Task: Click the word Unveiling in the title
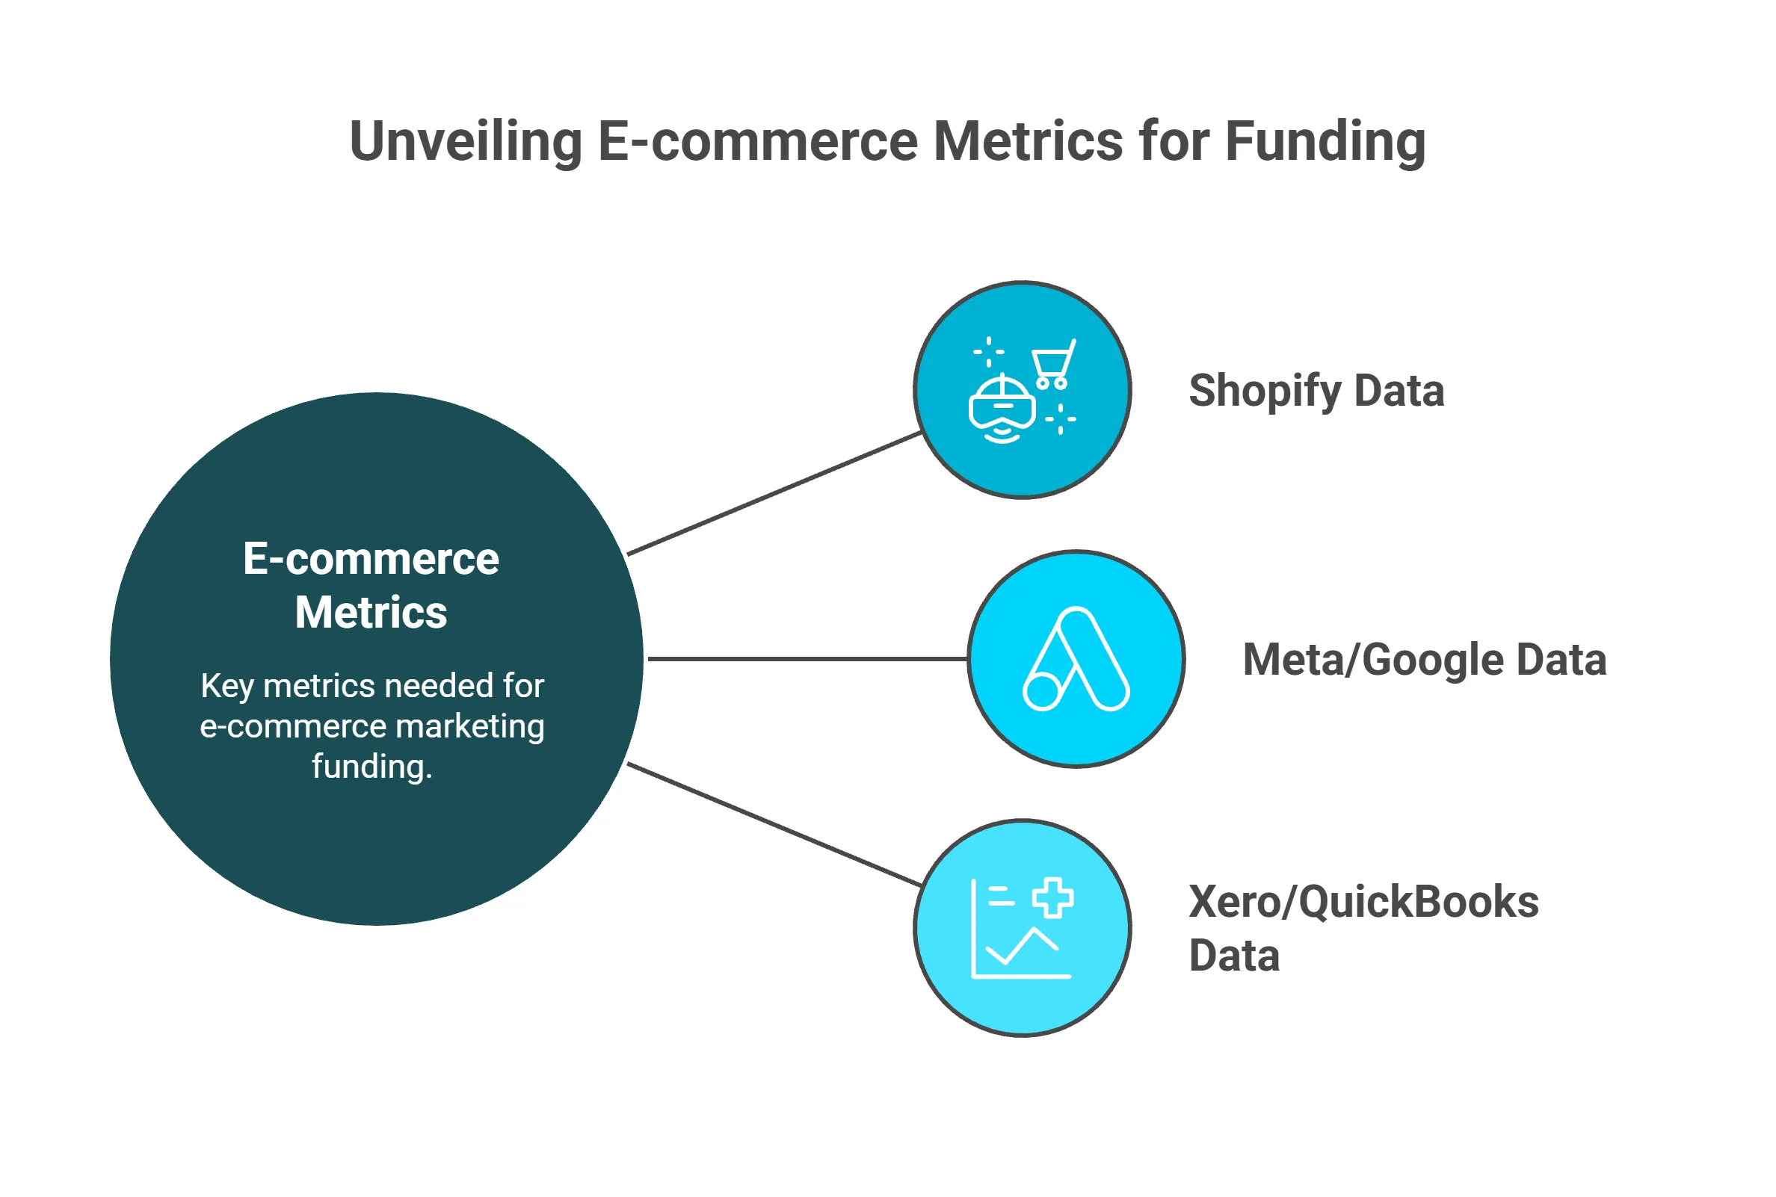click(x=466, y=142)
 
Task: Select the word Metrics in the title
click(x=1028, y=142)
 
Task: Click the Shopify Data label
click(x=1316, y=391)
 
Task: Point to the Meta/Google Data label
click(x=1424, y=660)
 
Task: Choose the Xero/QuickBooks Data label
click(x=1363, y=927)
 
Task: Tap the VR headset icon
click(x=1002, y=409)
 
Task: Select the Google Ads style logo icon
click(x=1076, y=660)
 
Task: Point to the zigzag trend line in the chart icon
click(x=1022, y=947)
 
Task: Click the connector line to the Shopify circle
click(x=773, y=494)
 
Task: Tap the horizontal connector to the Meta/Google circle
click(x=807, y=659)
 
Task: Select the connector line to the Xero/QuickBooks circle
click(x=773, y=824)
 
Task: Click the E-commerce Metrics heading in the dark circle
click(x=371, y=586)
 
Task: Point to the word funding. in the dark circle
click(x=371, y=767)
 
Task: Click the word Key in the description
click(x=226, y=686)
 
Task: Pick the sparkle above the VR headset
click(x=989, y=352)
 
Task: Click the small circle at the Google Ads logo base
click(x=1042, y=692)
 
